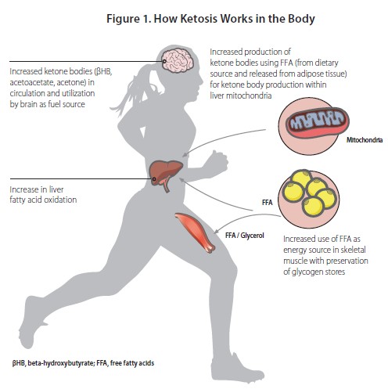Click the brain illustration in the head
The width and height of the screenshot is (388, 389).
pyautogui.click(x=178, y=61)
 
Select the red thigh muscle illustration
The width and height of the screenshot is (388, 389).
pyautogui.click(x=195, y=232)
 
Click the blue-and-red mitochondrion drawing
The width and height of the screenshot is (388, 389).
pyautogui.click(x=318, y=123)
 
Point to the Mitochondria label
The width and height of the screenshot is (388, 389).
pyautogui.click(x=365, y=140)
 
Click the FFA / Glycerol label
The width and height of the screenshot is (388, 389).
pyautogui.click(x=245, y=236)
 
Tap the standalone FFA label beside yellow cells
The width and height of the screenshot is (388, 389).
pyautogui.click(x=268, y=203)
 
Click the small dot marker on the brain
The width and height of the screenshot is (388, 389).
pyautogui.click(x=164, y=61)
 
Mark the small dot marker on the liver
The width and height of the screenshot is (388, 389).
pyautogui.click(x=154, y=179)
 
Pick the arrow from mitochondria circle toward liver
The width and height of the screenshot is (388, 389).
pyautogui.click(x=221, y=139)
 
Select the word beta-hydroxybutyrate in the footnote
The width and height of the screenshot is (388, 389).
pyautogui.click(x=59, y=363)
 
